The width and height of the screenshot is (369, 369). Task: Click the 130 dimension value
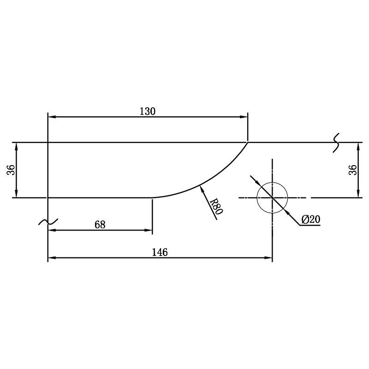[148, 111]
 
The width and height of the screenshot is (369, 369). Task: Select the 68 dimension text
[100, 225]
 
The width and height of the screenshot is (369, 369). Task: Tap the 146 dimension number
[160, 252]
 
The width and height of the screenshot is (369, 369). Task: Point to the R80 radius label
[216, 206]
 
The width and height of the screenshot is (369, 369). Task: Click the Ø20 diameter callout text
[311, 220]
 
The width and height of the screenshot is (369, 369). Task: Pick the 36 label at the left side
[11, 170]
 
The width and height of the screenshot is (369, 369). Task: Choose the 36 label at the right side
[352, 170]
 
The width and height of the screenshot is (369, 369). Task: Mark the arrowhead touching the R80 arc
[202, 189]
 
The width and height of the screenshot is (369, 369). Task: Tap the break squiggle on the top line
[336, 143]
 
